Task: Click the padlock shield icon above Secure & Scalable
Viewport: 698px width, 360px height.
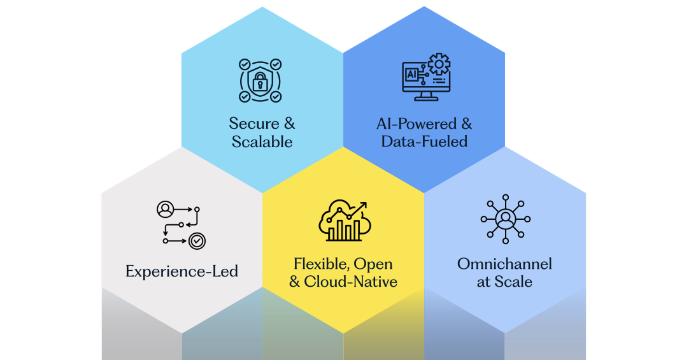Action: coord(260,80)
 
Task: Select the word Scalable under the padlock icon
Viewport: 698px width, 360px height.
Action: coord(262,141)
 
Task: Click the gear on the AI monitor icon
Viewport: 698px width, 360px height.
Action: coord(439,64)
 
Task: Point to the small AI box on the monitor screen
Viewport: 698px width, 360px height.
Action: coord(411,75)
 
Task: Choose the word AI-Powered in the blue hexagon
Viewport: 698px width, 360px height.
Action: coord(417,124)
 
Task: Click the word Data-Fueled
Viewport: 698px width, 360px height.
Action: coord(424,141)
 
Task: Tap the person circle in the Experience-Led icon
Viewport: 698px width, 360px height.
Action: coord(165,208)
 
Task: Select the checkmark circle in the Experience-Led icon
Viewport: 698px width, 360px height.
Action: coord(197,240)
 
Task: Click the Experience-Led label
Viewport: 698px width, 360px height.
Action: coord(182,271)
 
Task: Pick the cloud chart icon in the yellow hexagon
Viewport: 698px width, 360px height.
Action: coord(344,221)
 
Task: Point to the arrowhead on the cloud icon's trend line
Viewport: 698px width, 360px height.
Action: coord(364,205)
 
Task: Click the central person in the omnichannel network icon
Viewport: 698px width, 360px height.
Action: coord(505,219)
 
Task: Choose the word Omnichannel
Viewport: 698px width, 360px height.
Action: coord(504,264)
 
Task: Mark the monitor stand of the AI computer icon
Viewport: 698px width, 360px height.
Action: coord(426,97)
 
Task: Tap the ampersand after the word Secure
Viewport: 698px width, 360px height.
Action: coord(289,124)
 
